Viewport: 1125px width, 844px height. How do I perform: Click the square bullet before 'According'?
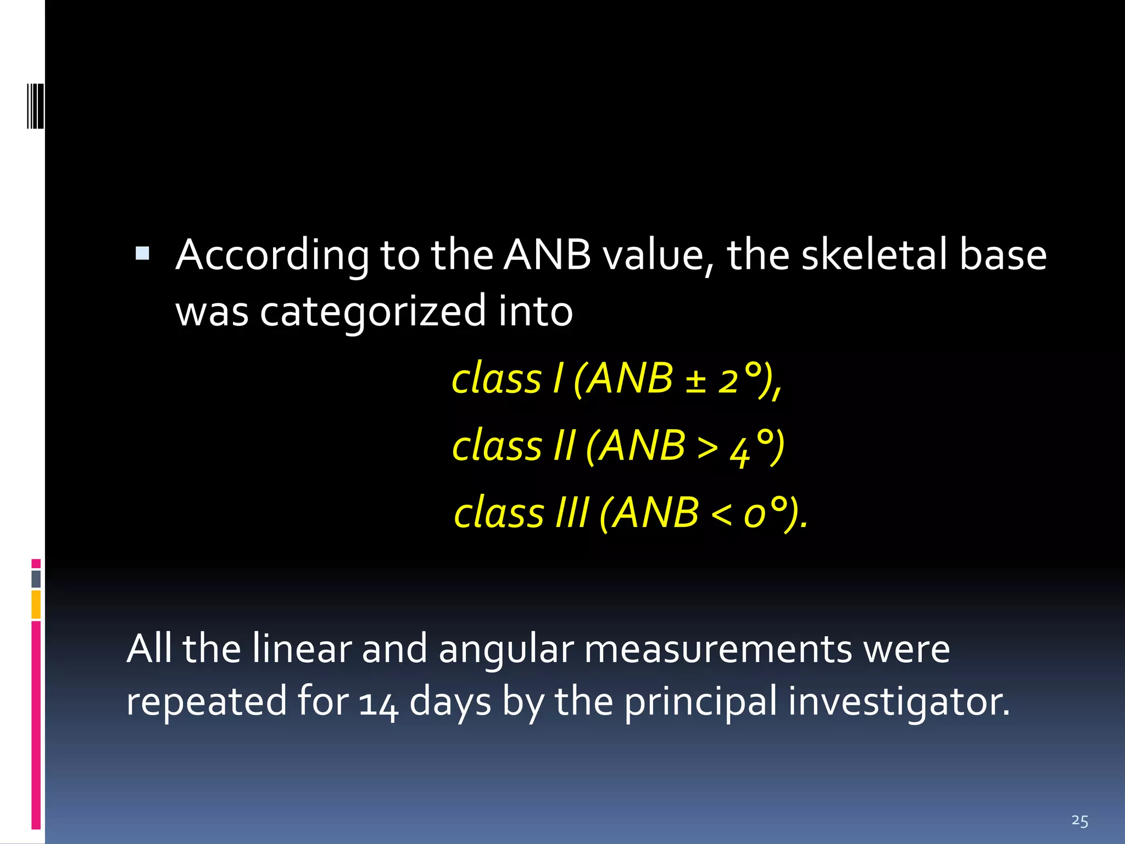(x=142, y=253)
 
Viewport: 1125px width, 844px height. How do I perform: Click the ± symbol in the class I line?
(x=695, y=380)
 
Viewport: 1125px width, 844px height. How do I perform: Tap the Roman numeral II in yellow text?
(x=565, y=445)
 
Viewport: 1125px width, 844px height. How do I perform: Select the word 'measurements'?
(x=718, y=649)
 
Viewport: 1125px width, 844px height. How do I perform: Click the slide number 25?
(x=1079, y=821)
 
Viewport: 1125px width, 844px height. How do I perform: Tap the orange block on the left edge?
(x=36, y=604)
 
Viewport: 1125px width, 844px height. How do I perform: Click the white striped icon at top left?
(x=35, y=105)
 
